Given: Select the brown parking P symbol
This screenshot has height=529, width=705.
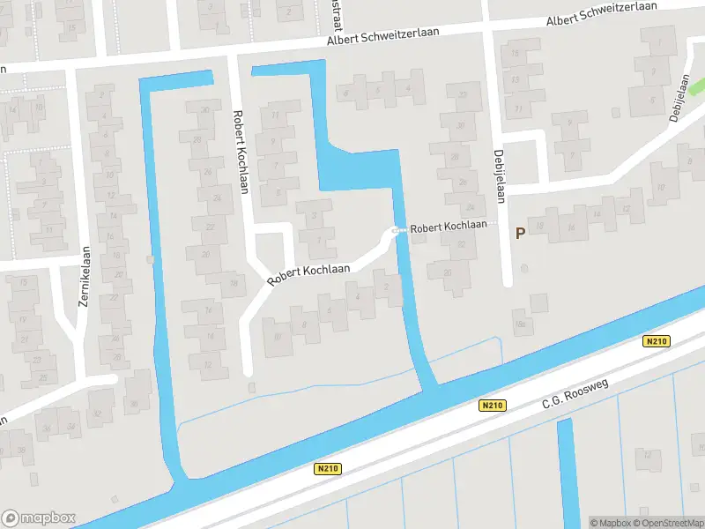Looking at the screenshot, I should coord(520,234).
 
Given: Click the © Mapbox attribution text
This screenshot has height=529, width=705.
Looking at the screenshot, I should coord(609,523).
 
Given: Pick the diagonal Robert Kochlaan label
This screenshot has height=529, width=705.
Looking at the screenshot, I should coord(308,274).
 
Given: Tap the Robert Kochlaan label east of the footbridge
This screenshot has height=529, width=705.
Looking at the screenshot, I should coord(449,227).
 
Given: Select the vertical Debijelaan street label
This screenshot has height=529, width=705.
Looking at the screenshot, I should coord(499,175).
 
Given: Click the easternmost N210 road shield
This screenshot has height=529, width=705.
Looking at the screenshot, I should coord(657,341).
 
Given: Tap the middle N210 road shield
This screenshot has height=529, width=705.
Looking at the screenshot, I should coord(493,406).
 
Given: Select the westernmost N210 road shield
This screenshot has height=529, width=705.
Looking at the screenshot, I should coord(327,470).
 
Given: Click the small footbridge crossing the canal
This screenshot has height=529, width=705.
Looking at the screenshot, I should coord(398,231).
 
